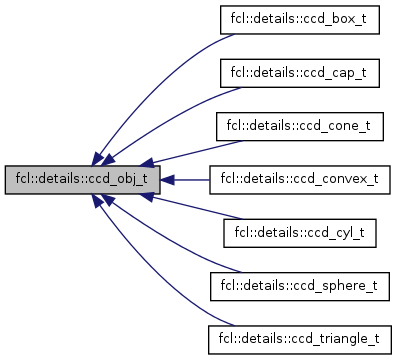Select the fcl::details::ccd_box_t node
pyautogui.click(x=299, y=20)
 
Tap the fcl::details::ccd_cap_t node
pyautogui.click(x=299, y=73)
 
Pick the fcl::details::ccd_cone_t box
pyautogui.click(x=299, y=127)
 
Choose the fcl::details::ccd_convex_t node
pyautogui.click(x=299, y=180)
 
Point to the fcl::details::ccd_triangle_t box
pyautogui.click(x=299, y=340)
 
